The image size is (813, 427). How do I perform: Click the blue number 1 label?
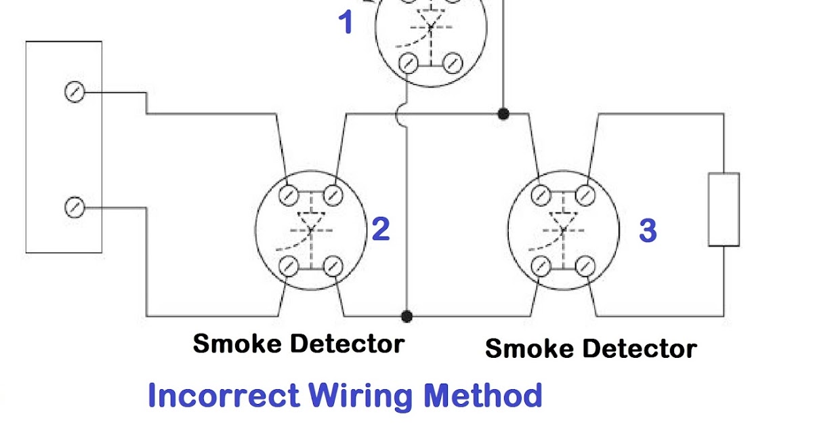click(346, 22)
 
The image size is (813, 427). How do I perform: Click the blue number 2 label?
click(381, 230)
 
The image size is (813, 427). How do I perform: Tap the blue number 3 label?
click(648, 230)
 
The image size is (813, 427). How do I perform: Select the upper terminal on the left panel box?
click(74, 92)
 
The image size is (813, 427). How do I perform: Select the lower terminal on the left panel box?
click(74, 207)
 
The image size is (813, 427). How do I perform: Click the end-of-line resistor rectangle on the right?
click(724, 209)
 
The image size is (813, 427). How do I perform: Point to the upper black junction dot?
click(503, 113)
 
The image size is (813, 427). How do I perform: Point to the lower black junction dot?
click(406, 316)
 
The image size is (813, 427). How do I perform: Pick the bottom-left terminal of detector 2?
click(289, 265)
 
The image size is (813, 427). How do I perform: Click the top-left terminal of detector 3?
click(541, 195)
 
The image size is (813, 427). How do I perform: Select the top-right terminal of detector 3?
click(585, 195)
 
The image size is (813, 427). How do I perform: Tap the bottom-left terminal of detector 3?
click(541, 265)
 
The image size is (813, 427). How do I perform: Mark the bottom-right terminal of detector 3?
click(585, 265)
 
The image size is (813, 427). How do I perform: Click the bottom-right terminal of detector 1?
click(451, 64)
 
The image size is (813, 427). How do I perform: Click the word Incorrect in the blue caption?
click(224, 395)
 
